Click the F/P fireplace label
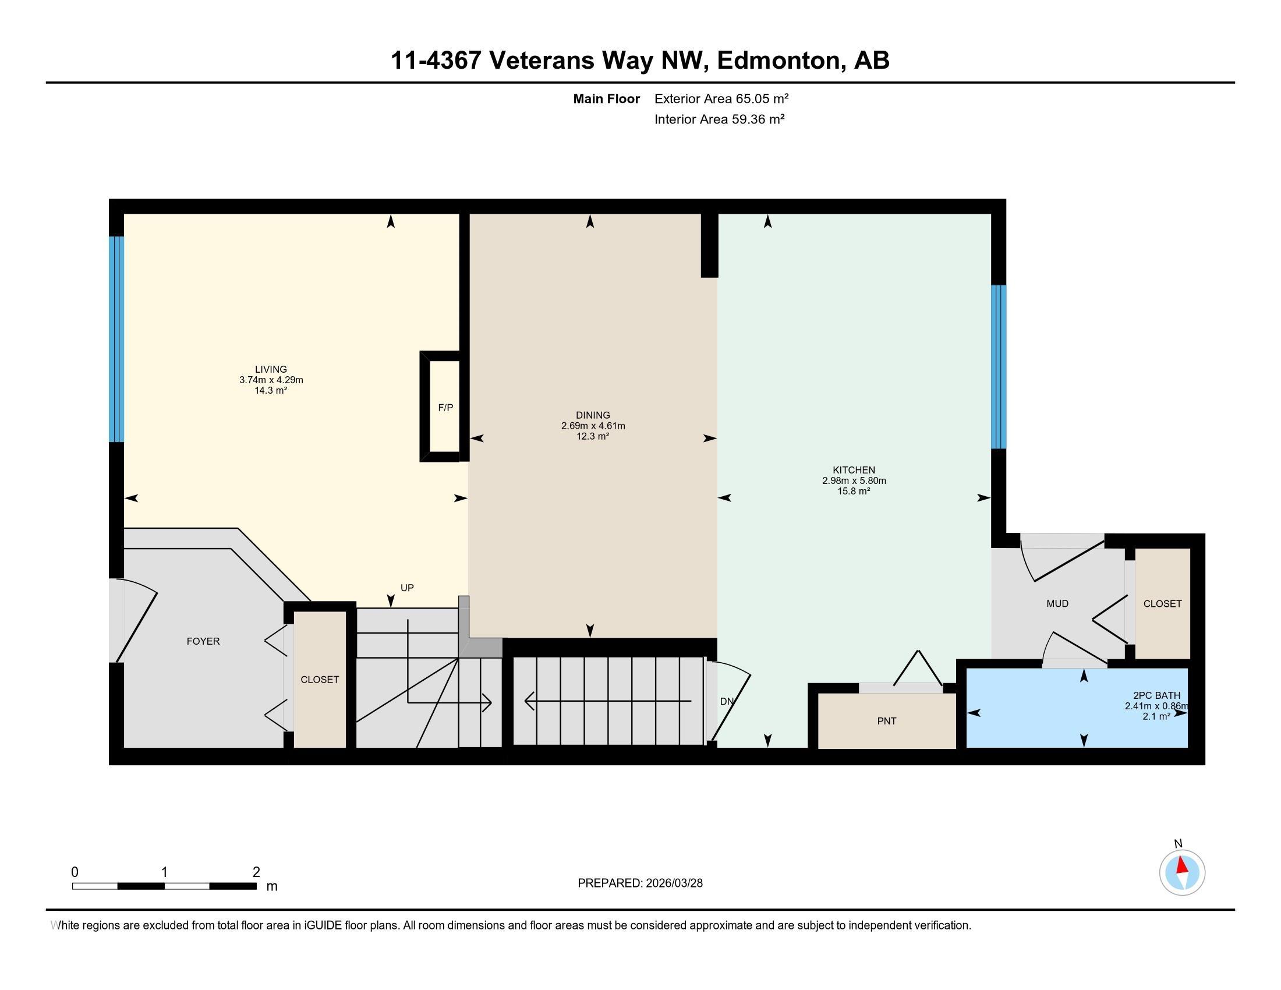pyautogui.click(x=446, y=408)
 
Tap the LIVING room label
pyautogui.click(x=271, y=369)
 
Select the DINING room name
pyautogui.click(x=593, y=415)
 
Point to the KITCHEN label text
pyautogui.click(x=854, y=470)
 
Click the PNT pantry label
pyautogui.click(x=887, y=722)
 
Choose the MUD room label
pyautogui.click(x=1057, y=603)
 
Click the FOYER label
pyautogui.click(x=204, y=642)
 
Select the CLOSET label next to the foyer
pyautogui.click(x=320, y=680)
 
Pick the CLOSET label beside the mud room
pyautogui.click(x=1163, y=603)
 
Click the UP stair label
pyautogui.click(x=407, y=588)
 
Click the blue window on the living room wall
pyautogui.click(x=116, y=339)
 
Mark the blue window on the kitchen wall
pyautogui.click(x=999, y=367)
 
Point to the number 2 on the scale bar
pyautogui.click(x=256, y=872)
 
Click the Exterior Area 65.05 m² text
pyautogui.click(x=721, y=98)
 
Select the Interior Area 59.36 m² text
pyautogui.click(x=720, y=119)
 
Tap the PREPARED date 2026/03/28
pyautogui.click(x=673, y=883)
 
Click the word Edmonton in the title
pyautogui.click(x=779, y=61)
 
